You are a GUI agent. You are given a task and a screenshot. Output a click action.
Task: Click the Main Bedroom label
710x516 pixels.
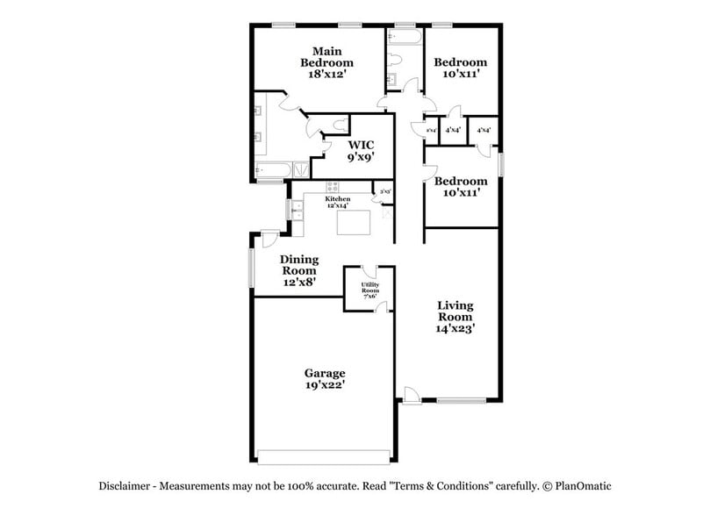[326, 62]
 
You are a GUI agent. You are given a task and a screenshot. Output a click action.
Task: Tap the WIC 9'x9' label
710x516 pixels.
[362, 151]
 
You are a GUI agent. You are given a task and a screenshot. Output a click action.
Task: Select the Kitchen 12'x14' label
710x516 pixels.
[338, 202]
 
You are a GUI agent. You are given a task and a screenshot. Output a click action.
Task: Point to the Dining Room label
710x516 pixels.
[298, 270]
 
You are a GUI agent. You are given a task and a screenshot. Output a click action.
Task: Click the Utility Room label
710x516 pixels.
[369, 290]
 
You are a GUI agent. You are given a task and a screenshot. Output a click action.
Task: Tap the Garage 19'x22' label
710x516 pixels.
[325, 379]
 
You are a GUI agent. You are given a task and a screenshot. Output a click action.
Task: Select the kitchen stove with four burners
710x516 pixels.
[333, 186]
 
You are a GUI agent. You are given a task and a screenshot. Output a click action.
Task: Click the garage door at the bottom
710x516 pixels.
[324, 455]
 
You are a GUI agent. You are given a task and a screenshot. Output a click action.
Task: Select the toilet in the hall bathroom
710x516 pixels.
[397, 60]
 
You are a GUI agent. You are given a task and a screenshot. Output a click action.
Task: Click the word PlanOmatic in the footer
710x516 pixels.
[583, 485]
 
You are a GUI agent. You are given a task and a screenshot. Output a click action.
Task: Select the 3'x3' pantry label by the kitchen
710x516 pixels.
[383, 190]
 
